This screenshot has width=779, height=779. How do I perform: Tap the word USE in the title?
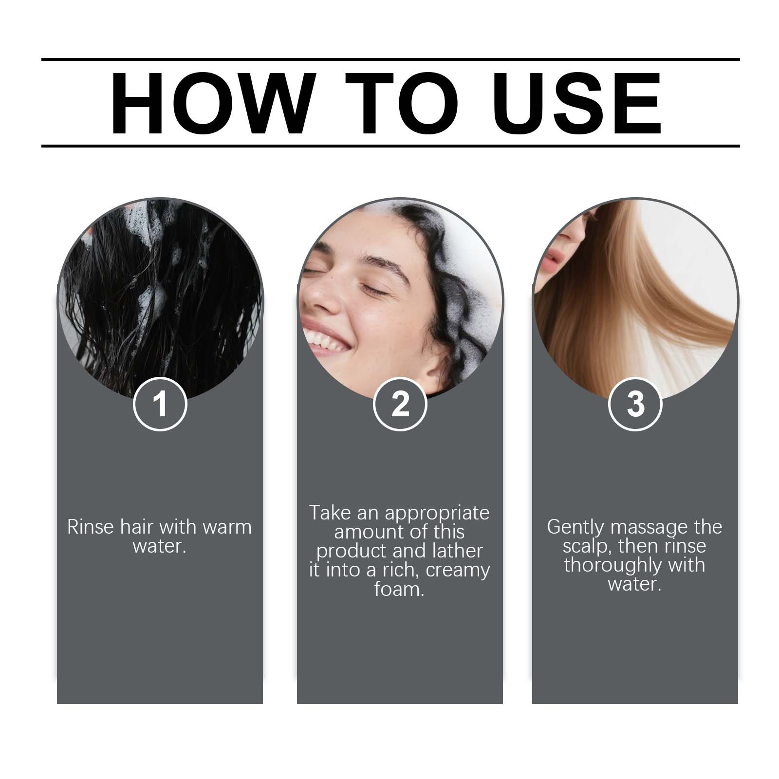579,103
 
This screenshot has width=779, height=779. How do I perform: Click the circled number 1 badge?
160,404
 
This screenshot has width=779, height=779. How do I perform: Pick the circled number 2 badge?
400,404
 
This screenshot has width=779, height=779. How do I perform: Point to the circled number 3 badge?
635,404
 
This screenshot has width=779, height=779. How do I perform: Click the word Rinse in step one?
91,527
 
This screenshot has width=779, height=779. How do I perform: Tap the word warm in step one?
227,527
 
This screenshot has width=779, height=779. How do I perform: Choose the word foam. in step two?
399,589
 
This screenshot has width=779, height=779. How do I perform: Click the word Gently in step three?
575,527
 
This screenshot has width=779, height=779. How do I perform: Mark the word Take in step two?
330,513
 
